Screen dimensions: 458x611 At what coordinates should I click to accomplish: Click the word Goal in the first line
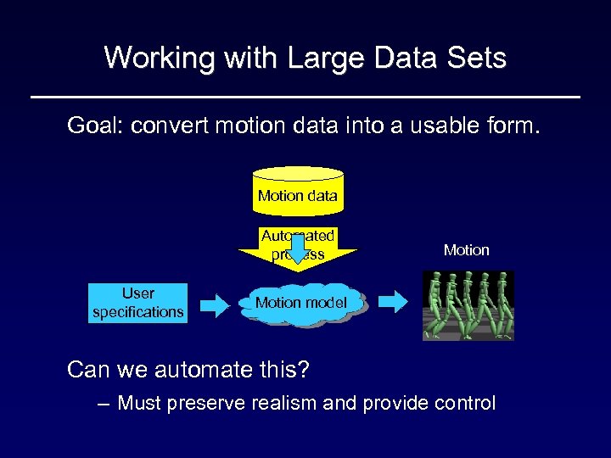93,126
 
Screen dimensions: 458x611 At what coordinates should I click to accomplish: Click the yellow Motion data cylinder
298,190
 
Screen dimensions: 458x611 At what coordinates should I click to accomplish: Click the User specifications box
137,303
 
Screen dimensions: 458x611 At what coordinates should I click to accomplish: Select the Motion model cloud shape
301,304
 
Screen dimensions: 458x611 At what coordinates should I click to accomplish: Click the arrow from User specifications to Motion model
215,304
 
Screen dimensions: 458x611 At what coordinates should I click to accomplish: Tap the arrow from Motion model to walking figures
391,301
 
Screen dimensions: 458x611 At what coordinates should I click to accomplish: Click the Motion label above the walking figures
466,250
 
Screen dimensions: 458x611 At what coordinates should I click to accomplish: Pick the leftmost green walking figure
436,304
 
